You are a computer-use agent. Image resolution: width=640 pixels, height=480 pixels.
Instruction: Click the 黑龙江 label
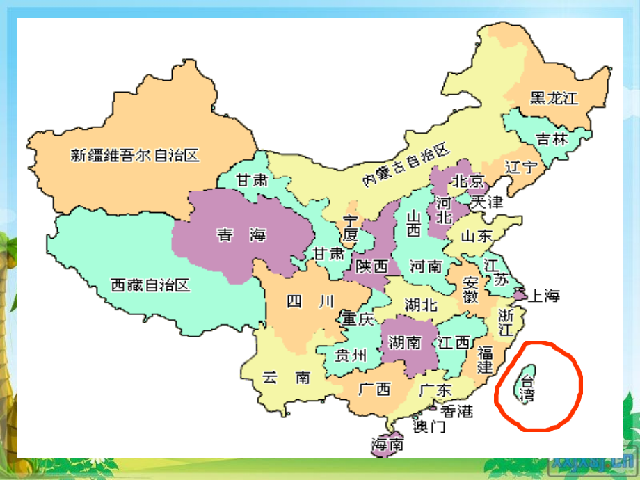(554, 98)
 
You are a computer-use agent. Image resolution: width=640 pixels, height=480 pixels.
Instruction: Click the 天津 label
(486, 202)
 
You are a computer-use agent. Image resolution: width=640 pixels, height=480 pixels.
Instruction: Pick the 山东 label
(478, 236)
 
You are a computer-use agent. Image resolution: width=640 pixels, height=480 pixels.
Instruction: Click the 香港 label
(456, 411)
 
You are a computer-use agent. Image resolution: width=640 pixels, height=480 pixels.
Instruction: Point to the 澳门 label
(429, 426)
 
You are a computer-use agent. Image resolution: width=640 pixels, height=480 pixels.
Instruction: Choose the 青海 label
(241, 235)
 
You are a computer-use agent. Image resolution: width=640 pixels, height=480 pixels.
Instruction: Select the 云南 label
(286, 378)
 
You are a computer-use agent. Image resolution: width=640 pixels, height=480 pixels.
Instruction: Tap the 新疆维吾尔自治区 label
(135, 155)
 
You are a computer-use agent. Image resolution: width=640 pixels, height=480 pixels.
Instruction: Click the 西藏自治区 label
(150, 285)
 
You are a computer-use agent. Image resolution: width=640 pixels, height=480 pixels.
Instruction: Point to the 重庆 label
(358, 319)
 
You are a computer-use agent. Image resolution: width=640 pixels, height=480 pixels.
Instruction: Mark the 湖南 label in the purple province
(404, 342)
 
